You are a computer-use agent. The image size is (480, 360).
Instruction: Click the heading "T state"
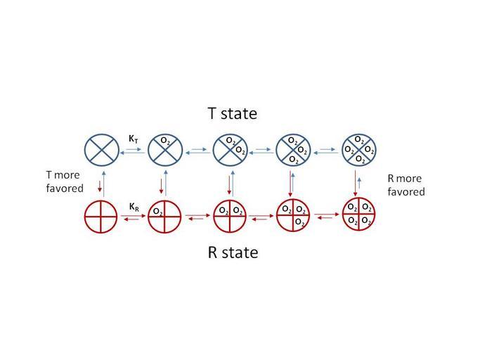[232, 113]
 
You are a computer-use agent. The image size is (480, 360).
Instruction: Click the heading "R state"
[233, 252]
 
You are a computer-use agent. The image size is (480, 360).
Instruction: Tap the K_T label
[133, 140]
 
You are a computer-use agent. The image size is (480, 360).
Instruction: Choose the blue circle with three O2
[295, 149]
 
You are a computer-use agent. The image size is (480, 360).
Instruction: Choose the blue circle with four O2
[358, 148]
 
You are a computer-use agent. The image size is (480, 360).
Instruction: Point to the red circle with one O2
[165, 216]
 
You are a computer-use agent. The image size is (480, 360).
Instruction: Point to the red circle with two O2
[231, 216]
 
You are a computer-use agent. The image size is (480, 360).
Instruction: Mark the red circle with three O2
[295, 216]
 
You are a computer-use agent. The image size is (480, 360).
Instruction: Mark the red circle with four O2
[359, 215]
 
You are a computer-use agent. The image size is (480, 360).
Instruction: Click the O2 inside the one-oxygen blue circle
[164, 141]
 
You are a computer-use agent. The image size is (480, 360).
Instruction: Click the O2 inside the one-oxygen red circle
[158, 211]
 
